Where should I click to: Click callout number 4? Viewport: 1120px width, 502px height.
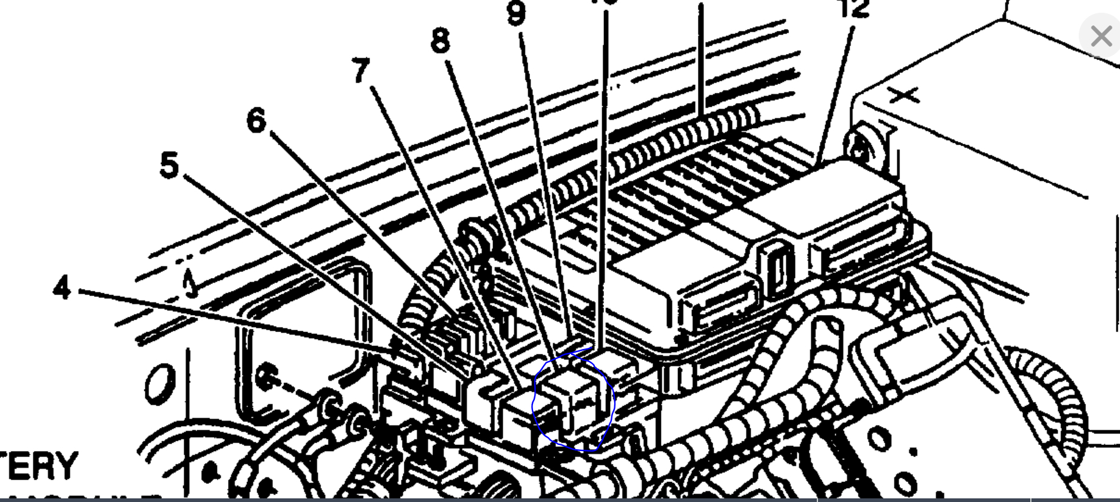[x=62, y=288]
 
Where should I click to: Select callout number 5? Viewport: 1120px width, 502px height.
[x=169, y=165]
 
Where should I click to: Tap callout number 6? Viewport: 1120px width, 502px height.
[x=256, y=120]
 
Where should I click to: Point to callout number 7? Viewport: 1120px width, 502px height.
[x=360, y=70]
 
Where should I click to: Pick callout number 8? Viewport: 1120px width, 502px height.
[x=441, y=41]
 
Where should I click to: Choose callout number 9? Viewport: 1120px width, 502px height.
[x=516, y=13]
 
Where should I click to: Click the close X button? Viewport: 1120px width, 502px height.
[x=1100, y=36]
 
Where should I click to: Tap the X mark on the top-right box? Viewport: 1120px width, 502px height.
[x=904, y=95]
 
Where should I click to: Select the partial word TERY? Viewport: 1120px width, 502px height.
[x=39, y=466]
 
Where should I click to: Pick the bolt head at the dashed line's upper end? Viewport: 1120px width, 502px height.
[x=265, y=378]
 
